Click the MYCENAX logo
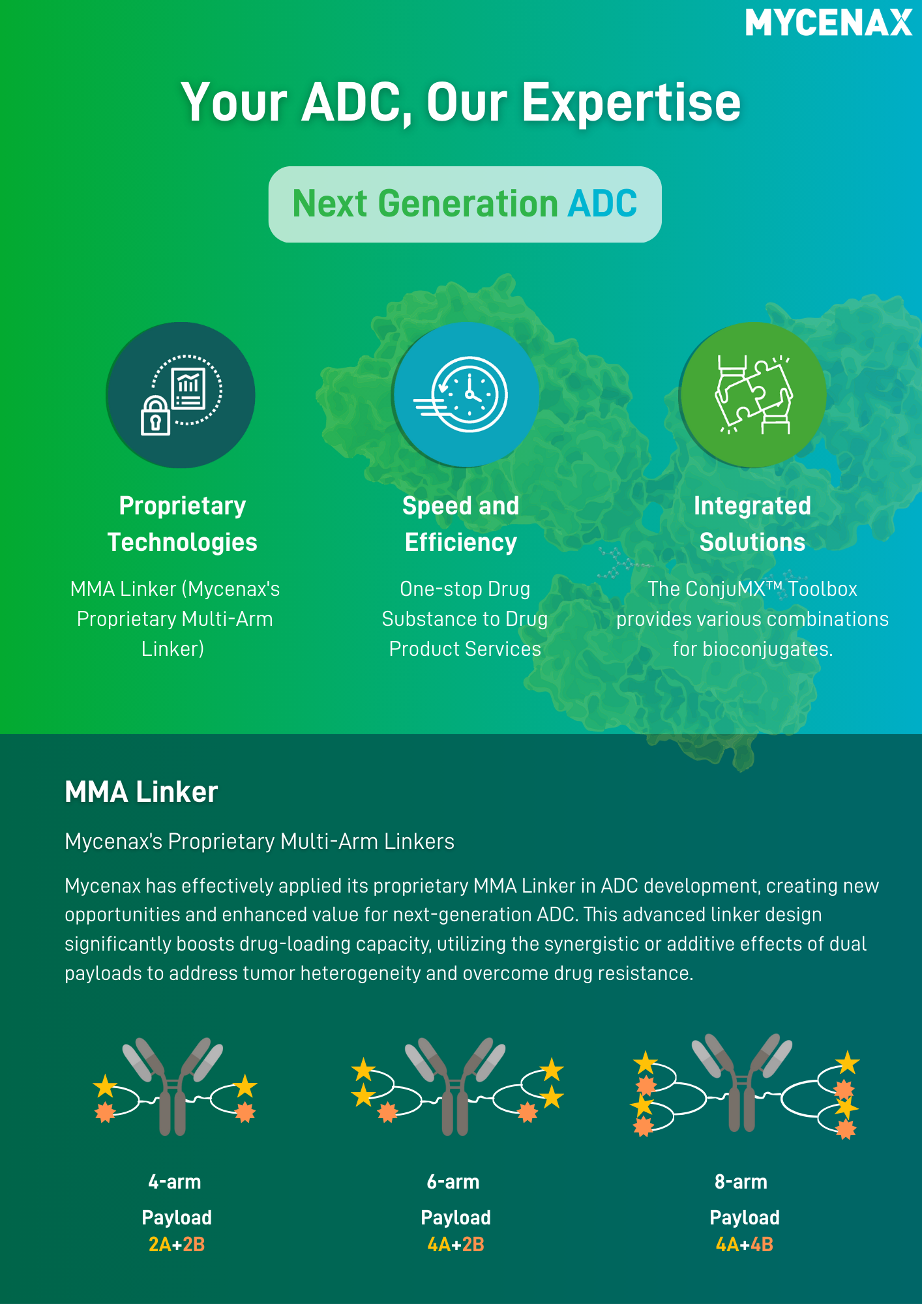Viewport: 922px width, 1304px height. click(829, 23)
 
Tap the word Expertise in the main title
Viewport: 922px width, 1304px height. click(631, 102)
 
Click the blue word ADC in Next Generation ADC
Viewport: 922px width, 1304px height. click(602, 203)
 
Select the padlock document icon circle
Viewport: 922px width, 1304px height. click(181, 395)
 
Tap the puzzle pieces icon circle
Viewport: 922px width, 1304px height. click(753, 394)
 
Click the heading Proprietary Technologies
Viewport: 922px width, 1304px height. click(183, 524)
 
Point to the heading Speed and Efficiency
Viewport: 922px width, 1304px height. click(461, 524)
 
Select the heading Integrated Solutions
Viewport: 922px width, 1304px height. click(752, 524)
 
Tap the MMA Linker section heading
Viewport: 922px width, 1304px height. click(141, 792)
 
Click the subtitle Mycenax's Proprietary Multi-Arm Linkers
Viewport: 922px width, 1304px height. click(260, 842)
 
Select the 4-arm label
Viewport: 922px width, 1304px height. click(175, 1181)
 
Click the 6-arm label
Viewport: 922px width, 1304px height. click(453, 1181)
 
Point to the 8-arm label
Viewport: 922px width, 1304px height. click(741, 1181)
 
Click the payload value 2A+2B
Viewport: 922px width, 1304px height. click(177, 1245)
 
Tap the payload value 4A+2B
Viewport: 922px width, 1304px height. click(456, 1245)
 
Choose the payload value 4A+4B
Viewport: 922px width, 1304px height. click(745, 1245)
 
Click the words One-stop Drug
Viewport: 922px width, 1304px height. click(465, 589)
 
